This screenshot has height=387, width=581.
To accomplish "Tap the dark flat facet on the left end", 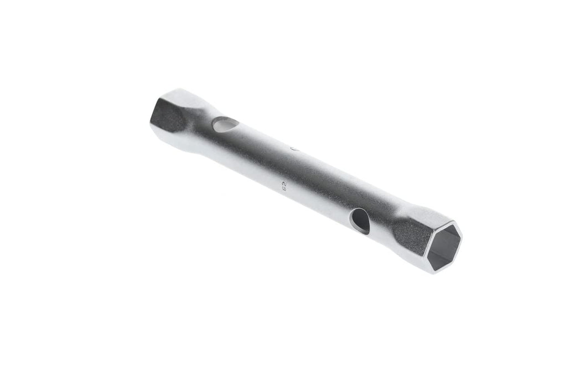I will click(167, 115).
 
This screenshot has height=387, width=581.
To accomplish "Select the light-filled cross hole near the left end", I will click(225, 125).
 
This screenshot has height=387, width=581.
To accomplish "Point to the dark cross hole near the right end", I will click(360, 221).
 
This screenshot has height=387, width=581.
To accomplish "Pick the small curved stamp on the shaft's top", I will click(294, 148).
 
